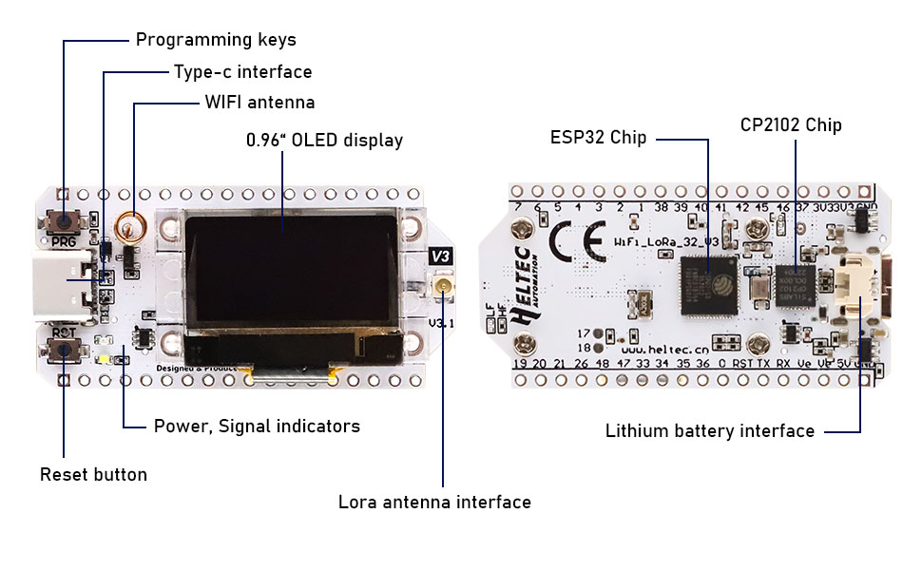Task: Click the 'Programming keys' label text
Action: tap(216, 40)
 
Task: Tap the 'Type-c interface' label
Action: tap(242, 72)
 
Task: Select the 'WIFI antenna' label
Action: tap(259, 103)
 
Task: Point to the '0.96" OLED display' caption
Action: tap(324, 141)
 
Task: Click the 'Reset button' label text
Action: tap(93, 474)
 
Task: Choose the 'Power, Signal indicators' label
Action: tap(257, 427)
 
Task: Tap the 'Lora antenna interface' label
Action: tap(434, 502)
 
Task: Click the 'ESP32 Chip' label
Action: tap(598, 138)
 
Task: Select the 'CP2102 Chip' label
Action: tap(791, 124)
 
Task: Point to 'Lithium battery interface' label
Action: tap(709, 431)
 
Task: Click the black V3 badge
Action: tap(441, 256)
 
